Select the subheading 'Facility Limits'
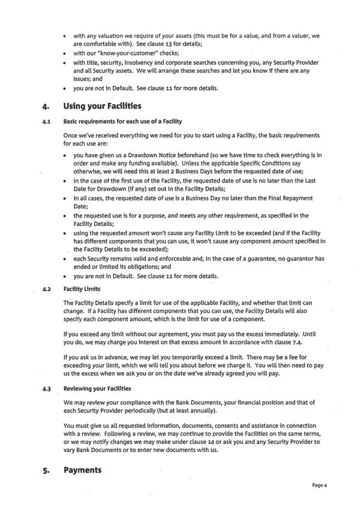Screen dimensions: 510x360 click(x=82, y=289)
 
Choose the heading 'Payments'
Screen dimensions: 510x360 click(x=82, y=470)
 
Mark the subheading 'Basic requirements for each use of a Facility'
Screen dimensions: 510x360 click(x=123, y=121)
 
